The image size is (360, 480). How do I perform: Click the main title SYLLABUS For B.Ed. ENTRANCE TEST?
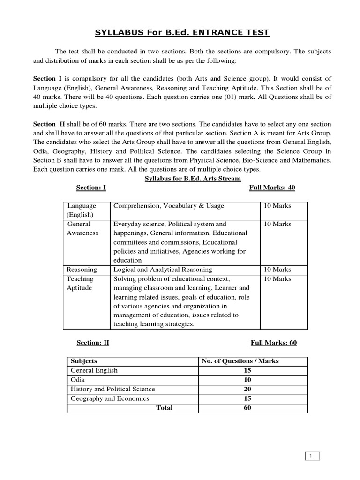pyautogui.click(x=182, y=32)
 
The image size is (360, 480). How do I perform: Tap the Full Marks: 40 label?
pyautogui.click(x=272, y=187)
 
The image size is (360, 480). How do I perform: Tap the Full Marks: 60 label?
pyautogui.click(x=274, y=343)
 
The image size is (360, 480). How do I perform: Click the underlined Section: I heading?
pyautogui.click(x=91, y=187)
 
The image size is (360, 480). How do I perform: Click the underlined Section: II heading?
pyautogui.click(x=92, y=343)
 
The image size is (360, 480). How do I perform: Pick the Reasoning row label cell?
pyautogui.click(x=82, y=270)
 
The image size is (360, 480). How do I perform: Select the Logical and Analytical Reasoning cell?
pyautogui.click(x=163, y=270)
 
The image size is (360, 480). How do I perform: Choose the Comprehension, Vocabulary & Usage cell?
pyautogui.click(x=169, y=206)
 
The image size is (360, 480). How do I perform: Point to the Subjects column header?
pyautogui.click(x=84, y=361)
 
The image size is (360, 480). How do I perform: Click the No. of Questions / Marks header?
pyautogui.click(x=240, y=361)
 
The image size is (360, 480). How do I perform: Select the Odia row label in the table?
pyautogui.click(x=78, y=380)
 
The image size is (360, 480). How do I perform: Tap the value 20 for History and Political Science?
pyautogui.click(x=247, y=389)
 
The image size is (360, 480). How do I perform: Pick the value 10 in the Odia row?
pyautogui.click(x=247, y=380)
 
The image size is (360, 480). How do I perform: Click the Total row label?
pyautogui.click(x=164, y=408)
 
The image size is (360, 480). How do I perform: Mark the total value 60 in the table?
pyautogui.click(x=247, y=408)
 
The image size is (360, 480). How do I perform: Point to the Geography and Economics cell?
pyautogui.click(x=109, y=398)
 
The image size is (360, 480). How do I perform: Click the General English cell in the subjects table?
pyautogui.click(x=94, y=370)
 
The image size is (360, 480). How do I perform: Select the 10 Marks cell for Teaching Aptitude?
pyautogui.click(x=277, y=279)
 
